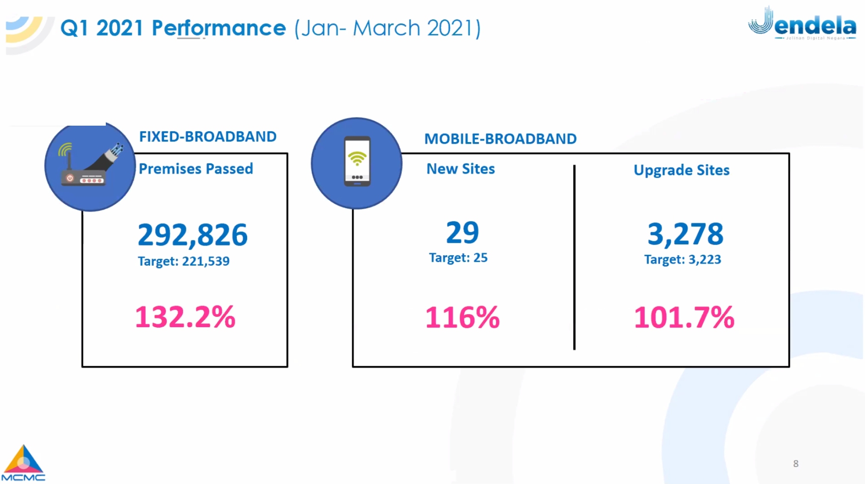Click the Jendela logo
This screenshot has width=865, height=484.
coord(802,24)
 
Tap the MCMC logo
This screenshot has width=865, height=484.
coord(23,464)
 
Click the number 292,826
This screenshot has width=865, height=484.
coord(193,234)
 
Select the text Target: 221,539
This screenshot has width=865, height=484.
coord(184,261)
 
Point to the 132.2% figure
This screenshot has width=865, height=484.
coord(186,317)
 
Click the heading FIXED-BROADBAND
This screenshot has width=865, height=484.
coord(208,137)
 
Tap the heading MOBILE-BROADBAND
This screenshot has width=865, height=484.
coord(500,139)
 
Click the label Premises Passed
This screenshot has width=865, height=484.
coord(196,169)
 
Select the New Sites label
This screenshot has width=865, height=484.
coord(460,169)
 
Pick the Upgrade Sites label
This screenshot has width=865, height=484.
coord(682,170)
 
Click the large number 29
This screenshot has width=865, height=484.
coord(463,233)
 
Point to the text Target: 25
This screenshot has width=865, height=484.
coord(458,258)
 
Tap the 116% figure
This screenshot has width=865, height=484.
coord(463,318)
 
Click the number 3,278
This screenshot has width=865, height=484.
coord(685,234)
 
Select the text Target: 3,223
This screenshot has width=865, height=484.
coord(682,260)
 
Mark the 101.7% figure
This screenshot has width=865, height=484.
coord(684,318)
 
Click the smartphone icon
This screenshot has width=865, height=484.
coord(357,161)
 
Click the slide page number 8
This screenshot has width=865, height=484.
coord(796,464)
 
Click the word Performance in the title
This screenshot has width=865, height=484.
coord(219,29)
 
